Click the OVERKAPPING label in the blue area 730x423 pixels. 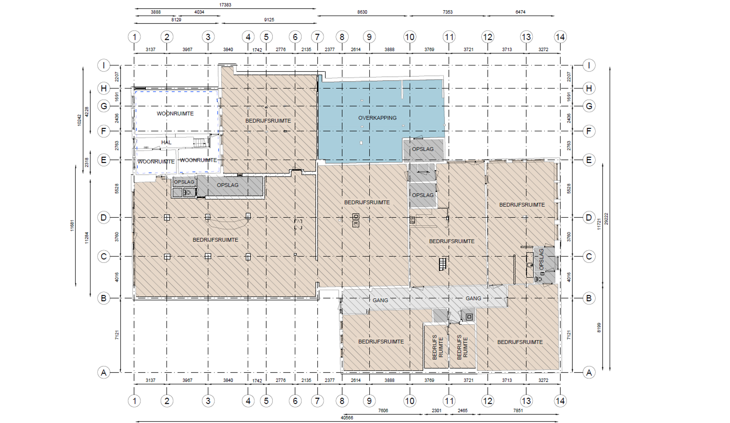click(377, 118)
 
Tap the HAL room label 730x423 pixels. click(166, 142)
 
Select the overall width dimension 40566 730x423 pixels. click(347, 418)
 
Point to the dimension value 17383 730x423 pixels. click(225, 5)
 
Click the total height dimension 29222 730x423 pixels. click(606, 219)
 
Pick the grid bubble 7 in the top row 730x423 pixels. click(318, 37)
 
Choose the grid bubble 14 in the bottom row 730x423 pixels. click(560, 401)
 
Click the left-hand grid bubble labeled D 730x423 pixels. click(104, 217)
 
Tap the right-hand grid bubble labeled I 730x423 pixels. click(589, 65)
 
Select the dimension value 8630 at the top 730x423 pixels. click(362, 12)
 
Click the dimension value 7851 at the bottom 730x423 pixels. click(518, 410)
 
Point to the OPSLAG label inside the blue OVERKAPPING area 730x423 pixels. click(423, 149)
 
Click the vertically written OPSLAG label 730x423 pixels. click(541, 259)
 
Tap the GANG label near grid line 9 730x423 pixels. click(380, 300)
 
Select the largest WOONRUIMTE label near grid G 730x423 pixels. click(175, 114)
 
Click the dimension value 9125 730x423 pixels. click(269, 20)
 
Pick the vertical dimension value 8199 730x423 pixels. click(599, 328)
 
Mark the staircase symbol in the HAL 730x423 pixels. click(200, 142)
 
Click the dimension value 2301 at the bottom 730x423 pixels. click(436, 410)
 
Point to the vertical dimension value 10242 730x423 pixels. click(79, 120)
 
